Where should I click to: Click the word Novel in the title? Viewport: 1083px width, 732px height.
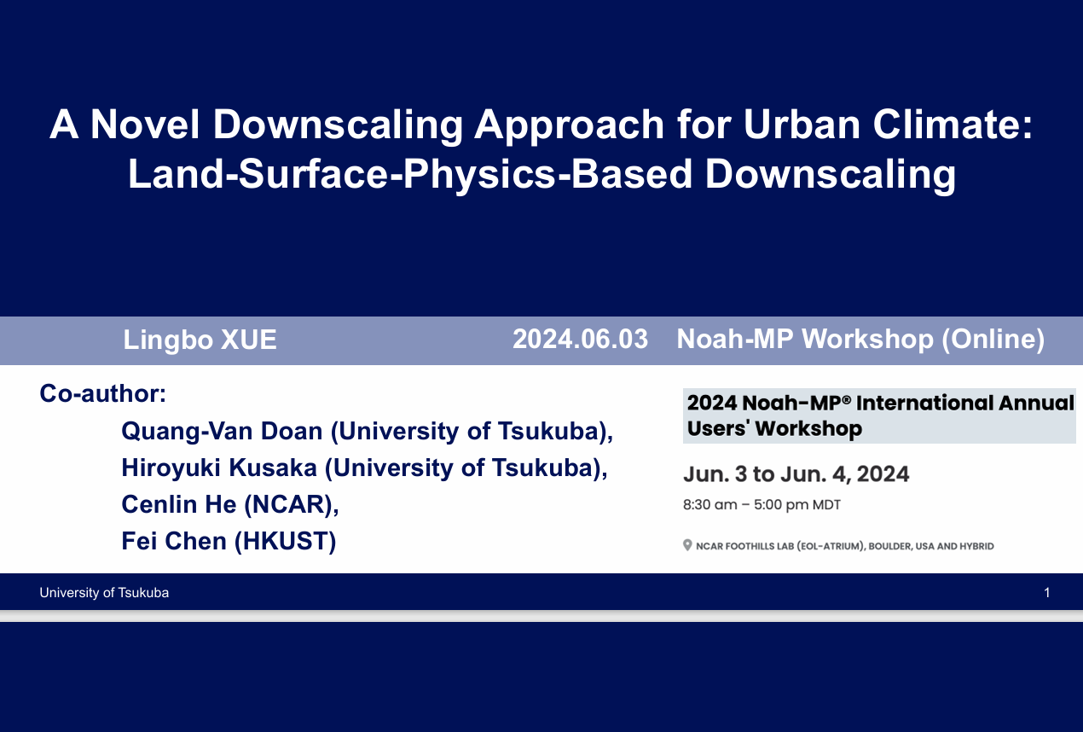pos(145,125)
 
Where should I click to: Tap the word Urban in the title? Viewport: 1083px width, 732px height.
pos(802,125)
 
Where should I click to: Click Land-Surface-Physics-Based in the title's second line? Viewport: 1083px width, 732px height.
pos(410,175)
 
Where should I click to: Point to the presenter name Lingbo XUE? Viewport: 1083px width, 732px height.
pos(200,340)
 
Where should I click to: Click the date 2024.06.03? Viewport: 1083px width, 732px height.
pos(580,339)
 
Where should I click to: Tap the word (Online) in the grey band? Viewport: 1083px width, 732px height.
pos(993,340)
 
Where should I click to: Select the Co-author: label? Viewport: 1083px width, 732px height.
pos(102,392)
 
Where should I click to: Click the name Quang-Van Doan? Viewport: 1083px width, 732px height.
pos(222,431)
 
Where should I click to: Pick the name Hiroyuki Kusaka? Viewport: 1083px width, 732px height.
pos(219,468)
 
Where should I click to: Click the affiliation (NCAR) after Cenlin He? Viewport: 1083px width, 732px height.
pos(292,504)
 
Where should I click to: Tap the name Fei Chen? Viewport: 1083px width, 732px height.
pos(174,541)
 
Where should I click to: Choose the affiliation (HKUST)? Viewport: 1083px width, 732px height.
pos(286,542)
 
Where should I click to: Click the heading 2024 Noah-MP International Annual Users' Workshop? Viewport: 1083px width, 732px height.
pos(880,415)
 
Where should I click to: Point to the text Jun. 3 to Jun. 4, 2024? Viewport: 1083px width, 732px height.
pos(796,474)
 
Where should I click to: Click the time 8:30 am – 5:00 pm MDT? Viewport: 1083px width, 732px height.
pos(762,505)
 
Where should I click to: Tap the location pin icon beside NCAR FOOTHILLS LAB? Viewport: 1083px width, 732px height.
pos(687,545)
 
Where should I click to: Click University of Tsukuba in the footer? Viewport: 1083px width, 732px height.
pos(104,593)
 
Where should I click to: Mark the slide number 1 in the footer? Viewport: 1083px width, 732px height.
pos(1046,593)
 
